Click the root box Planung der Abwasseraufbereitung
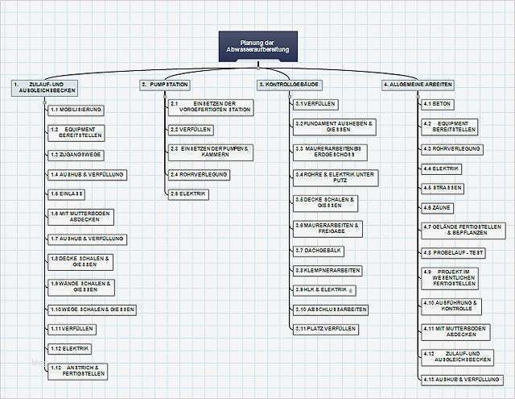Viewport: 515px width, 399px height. (257, 46)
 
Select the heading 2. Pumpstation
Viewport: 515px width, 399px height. (165, 84)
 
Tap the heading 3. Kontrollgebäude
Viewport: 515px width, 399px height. (290, 84)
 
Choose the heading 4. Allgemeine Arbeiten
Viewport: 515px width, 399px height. (418, 84)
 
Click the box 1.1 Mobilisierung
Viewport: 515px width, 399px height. (76, 109)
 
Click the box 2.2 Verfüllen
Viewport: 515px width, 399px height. (191, 129)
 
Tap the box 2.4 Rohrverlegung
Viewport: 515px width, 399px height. (199, 174)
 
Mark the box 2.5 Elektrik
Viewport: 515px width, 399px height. (188, 193)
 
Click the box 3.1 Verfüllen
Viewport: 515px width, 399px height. (315, 105)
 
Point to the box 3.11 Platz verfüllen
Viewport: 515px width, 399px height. (325, 329)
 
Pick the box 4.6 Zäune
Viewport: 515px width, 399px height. (437, 207)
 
